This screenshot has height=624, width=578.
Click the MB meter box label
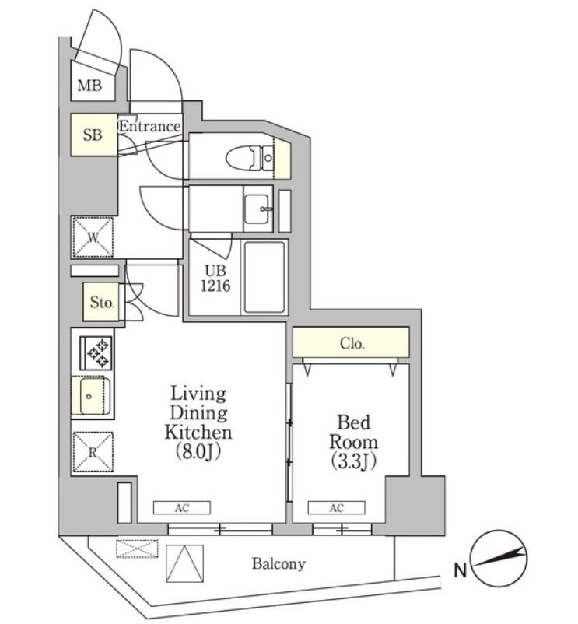click(89, 85)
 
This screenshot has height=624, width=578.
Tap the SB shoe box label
click(93, 135)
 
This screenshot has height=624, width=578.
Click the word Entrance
click(150, 127)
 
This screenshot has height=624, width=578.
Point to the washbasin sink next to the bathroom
click(257, 209)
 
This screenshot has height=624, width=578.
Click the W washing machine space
click(93, 237)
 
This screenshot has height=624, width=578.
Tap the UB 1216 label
click(215, 279)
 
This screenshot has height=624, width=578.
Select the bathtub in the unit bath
click(264, 278)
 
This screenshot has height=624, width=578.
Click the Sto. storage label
click(102, 303)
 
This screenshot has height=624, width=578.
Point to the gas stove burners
click(96, 353)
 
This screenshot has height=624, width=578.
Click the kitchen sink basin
click(91, 396)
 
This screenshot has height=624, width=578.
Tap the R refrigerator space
click(93, 453)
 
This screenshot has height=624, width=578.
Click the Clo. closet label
click(352, 343)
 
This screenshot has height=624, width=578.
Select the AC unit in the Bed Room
click(336, 508)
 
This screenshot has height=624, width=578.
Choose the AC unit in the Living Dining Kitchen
click(182, 508)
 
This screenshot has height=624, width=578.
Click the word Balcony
click(278, 564)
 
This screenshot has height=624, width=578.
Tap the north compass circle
click(498, 559)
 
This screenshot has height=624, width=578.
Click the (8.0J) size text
click(198, 452)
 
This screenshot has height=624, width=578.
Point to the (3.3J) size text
click(354, 461)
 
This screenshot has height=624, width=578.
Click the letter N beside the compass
click(460, 570)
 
